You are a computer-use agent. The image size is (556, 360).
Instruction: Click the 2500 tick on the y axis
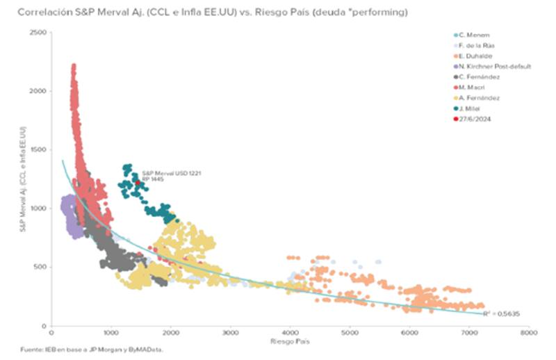click(x=39, y=33)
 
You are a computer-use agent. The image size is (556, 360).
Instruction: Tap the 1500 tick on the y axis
click(x=39, y=150)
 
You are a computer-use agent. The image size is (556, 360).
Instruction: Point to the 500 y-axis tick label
click(x=41, y=267)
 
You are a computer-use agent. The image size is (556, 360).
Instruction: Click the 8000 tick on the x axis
click(x=529, y=334)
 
